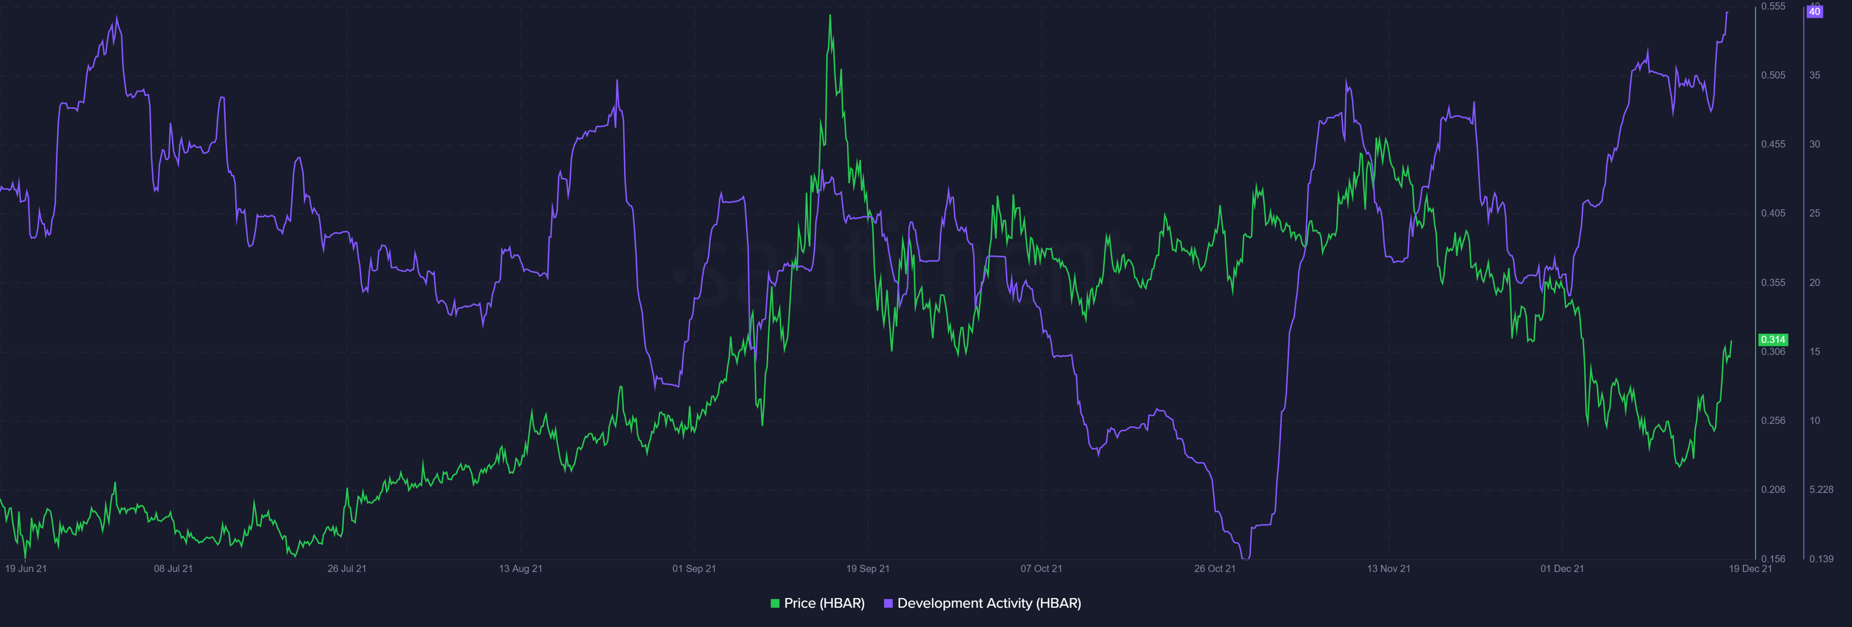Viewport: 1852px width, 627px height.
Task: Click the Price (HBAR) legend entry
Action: tap(817, 603)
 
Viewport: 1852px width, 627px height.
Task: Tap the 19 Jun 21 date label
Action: tap(26, 569)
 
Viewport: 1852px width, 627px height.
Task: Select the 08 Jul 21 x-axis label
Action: tap(173, 569)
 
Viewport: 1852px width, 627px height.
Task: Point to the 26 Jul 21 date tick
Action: tap(347, 569)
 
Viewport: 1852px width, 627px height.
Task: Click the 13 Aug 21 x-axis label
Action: tap(520, 569)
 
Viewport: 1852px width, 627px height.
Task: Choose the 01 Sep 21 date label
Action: tap(694, 569)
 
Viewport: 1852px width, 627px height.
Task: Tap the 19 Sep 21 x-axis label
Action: tap(868, 569)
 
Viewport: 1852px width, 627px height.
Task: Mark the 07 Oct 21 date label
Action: tap(1041, 569)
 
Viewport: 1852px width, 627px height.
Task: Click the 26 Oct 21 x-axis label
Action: tap(1214, 569)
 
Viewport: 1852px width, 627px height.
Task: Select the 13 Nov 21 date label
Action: tap(1389, 569)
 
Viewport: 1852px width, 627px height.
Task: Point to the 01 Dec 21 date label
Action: tap(1562, 569)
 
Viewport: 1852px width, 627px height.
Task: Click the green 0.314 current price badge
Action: tap(1773, 340)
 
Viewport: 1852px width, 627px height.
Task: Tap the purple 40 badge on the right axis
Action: tap(1814, 12)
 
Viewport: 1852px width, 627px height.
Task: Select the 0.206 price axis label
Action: tap(1773, 490)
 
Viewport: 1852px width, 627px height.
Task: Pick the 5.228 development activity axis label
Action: tap(1821, 490)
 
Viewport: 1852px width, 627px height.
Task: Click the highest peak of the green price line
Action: tap(831, 16)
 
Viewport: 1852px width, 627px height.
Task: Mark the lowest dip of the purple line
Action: tap(1246, 557)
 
